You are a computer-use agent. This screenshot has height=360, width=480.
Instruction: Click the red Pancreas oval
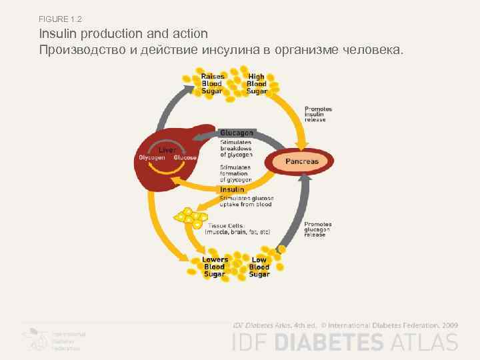[302, 162]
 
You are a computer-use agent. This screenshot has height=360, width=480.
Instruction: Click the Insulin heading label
[231, 190]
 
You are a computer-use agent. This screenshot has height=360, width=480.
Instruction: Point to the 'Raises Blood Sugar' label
[213, 84]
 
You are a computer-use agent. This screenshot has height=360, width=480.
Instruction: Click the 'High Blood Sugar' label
[257, 84]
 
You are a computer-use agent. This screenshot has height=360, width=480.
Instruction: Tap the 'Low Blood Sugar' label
[259, 267]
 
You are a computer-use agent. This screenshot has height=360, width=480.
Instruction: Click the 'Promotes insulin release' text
[318, 115]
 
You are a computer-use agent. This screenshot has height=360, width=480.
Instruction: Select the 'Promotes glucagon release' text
[318, 229]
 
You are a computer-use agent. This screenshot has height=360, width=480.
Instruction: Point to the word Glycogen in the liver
[151, 158]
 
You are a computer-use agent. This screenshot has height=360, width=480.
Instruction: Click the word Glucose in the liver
[185, 158]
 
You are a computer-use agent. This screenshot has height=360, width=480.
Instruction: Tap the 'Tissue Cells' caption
[237, 229]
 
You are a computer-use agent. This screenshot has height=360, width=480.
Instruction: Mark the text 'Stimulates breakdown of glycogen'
[236, 148]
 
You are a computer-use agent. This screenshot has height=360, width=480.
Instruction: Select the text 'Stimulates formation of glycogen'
[236, 175]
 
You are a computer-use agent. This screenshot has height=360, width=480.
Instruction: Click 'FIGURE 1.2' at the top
[60, 18]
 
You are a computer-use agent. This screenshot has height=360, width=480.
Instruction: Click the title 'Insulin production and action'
[123, 33]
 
